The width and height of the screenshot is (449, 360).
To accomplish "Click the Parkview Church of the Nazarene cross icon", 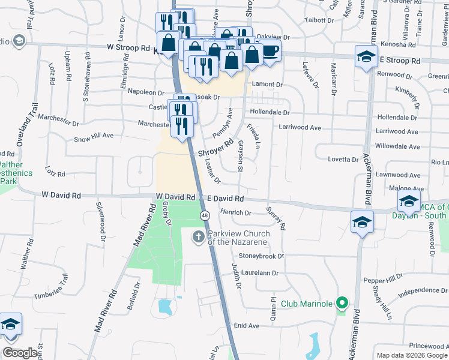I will pos(198,237).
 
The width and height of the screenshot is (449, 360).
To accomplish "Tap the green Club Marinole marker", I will pos(342,303).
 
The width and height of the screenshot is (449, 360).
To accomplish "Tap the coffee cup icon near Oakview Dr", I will pos(270,52).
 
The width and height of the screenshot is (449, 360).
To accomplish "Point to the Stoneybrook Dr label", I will pos(261,256).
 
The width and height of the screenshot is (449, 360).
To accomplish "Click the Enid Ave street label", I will pos(247,326).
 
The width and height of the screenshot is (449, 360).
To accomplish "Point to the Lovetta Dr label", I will pos(343,160).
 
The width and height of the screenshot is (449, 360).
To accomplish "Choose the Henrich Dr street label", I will pos(235,212).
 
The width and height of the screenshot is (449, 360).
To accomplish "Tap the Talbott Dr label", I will pos(319,20).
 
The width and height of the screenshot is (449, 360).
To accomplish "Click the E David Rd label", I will pos(225,198).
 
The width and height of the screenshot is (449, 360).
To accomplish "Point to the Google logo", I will pos(20,353).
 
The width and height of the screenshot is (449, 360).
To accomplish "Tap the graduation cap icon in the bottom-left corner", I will pos(10,325).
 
